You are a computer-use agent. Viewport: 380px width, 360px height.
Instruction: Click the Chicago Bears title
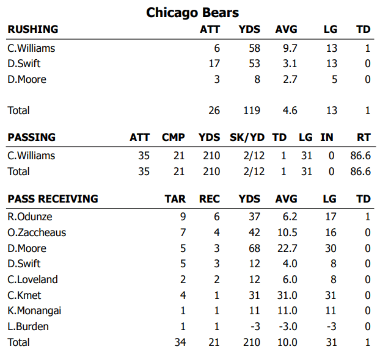point(192,13)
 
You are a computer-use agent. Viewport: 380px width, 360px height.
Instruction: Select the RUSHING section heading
point(33,29)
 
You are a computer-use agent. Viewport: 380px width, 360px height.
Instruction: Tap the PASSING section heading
point(31,137)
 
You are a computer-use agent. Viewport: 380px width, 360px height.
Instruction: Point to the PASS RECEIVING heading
point(53,199)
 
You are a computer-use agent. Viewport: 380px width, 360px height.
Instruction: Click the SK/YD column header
point(246,137)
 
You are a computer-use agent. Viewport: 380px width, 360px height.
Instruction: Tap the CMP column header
point(173,137)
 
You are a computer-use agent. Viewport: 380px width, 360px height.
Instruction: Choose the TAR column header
point(175,199)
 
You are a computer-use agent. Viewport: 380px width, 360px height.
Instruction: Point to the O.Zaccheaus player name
point(37,232)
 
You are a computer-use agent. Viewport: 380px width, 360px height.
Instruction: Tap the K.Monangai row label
point(34,311)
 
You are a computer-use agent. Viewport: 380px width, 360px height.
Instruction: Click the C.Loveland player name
point(32,279)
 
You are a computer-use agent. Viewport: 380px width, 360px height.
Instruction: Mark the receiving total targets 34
point(180,343)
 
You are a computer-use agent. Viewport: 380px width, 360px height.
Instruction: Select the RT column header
point(363,137)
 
